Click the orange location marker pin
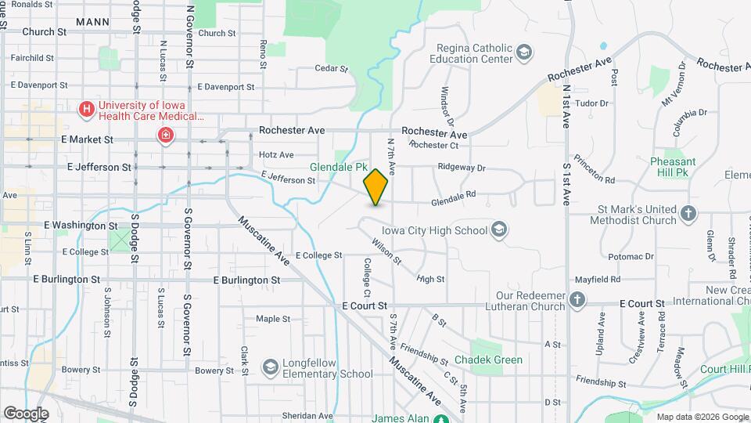376,186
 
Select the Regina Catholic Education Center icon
524,53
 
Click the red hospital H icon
87,109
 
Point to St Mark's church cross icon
688,213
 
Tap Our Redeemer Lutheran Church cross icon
577,299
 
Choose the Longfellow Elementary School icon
270,367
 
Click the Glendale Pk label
338,167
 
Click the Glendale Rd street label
454,202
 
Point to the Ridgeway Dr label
462,167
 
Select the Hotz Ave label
276,155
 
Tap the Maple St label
273,319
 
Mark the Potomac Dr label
630,256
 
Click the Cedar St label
331,69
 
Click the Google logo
26,413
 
